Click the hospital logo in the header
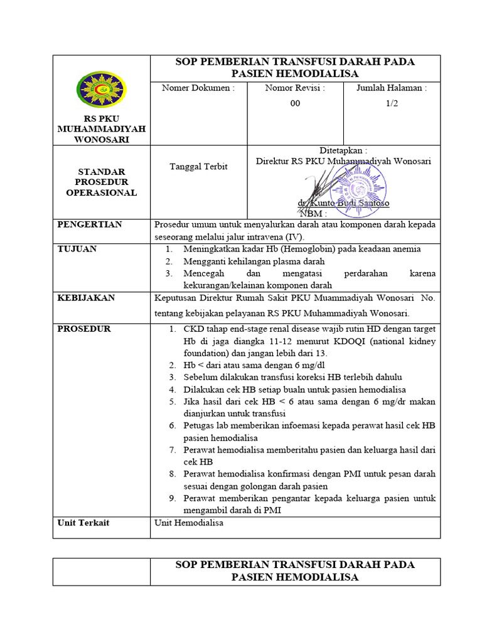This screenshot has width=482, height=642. coord(101,89)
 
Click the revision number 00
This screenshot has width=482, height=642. coord(295,103)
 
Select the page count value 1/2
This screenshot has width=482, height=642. coord(392,103)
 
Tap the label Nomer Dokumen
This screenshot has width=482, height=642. coord(198,88)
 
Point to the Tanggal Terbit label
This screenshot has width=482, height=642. coord(198,166)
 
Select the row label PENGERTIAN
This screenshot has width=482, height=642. coord(90,224)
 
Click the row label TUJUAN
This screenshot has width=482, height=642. coord(77,249)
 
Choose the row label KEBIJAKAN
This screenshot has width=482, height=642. coord(86,298)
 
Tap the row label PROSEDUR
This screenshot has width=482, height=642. coord(84,329)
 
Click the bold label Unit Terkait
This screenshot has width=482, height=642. coord(83,522)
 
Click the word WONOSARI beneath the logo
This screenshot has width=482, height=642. coord(101,139)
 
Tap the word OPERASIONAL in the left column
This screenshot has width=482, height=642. coord(101,192)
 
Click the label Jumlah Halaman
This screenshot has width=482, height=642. coord(392,88)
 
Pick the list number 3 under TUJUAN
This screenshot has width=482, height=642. coord(169,273)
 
